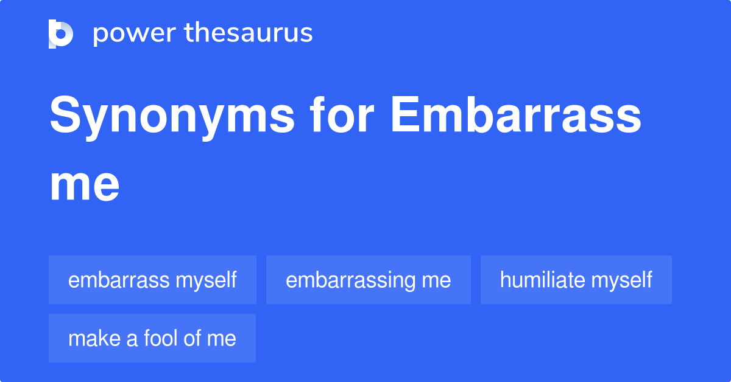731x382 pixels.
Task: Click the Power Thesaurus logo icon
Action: pos(61,33)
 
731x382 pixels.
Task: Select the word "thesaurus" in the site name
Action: pos(249,33)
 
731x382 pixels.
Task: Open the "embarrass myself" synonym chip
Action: pos(152,280)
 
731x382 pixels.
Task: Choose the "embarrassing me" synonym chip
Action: pos(368,280)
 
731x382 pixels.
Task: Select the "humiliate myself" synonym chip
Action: pos(576,280)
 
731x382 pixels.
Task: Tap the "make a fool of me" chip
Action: pos(152,338)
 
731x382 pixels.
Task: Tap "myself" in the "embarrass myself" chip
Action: pos(206,280)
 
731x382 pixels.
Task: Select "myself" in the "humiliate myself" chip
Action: pos(622,280)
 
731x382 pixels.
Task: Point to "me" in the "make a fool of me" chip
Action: pos(222,339)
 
